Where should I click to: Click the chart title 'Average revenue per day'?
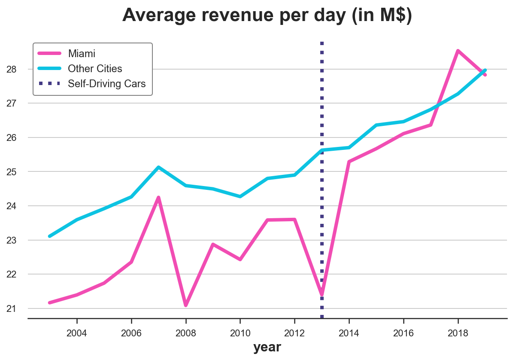click(267, 16)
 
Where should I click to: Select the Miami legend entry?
click(82, 54)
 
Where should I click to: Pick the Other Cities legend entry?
click(95, 69)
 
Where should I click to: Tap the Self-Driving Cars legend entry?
click(107, 83)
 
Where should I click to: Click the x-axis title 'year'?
click(267, 347)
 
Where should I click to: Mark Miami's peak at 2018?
click(458, 51)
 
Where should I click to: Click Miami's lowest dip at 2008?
click(186, 305)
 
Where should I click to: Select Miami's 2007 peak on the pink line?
click(158, 198)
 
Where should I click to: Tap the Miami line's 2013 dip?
click(322, 295)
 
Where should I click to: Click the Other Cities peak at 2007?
click(158, 167)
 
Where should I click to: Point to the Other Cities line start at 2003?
click(50, 236)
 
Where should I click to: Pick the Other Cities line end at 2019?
click(485, 70)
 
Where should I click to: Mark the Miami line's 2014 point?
click(349, 162)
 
